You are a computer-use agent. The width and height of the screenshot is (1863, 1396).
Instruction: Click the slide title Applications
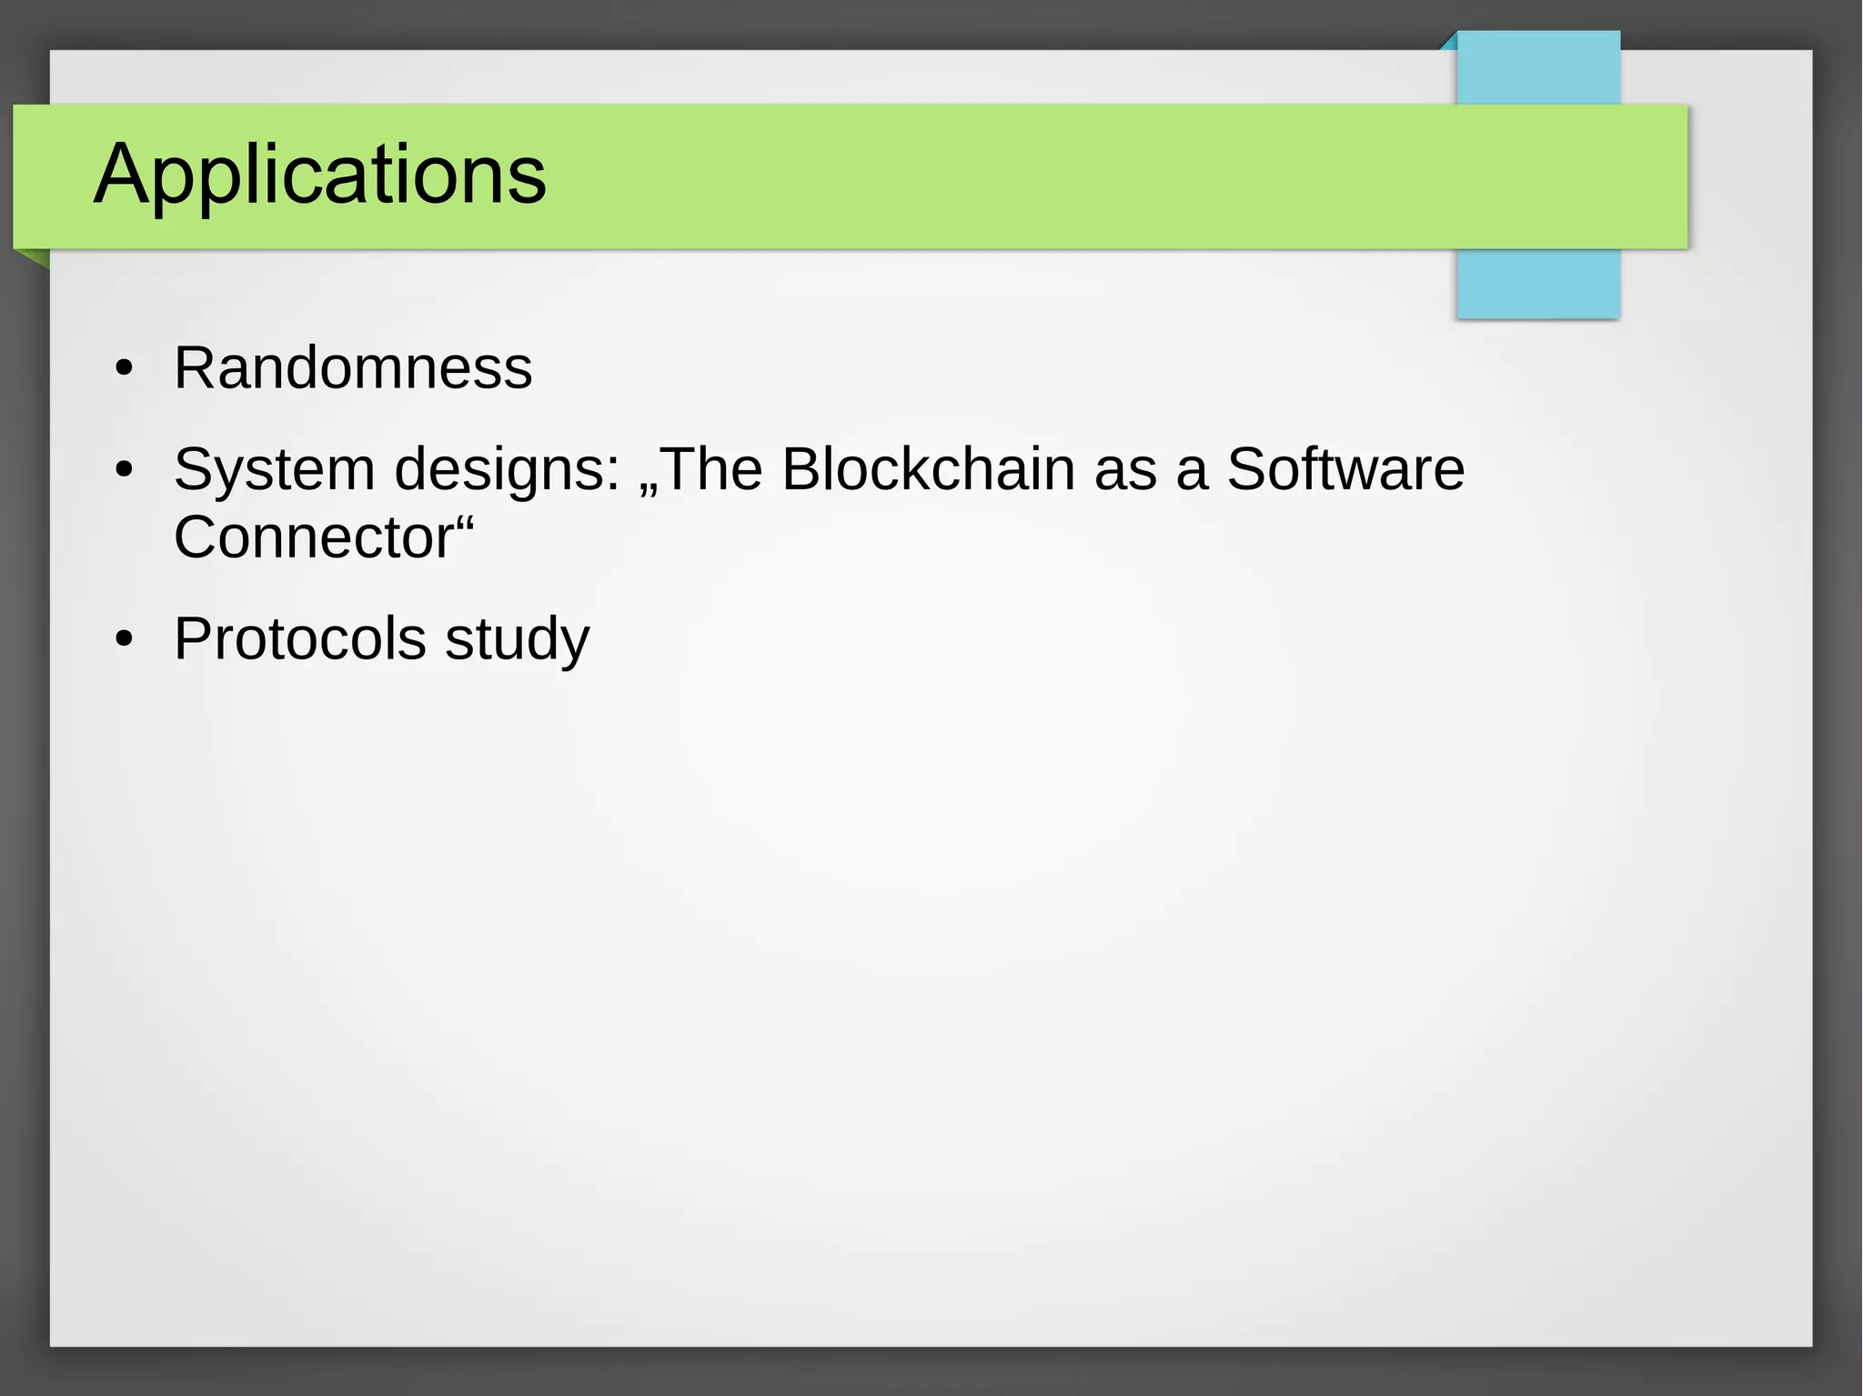(x=320, y=175)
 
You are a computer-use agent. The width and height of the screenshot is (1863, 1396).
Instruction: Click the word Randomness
(x=353, y=368)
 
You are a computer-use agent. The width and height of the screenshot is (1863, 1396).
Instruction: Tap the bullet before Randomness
(x=125, y=370)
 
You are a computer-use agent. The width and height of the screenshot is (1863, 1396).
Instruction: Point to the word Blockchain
(x=928, y=470)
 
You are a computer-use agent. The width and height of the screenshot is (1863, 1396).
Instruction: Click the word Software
(x=1345, y=470)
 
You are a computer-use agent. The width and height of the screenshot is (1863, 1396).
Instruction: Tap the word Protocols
(x=300, y=639)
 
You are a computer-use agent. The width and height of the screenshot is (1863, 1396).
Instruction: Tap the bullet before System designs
(x=125, y=471)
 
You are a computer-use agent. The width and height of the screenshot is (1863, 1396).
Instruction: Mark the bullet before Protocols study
(x=125, y=640)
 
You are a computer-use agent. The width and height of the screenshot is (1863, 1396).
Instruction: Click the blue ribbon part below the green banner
(x=1537, y=284)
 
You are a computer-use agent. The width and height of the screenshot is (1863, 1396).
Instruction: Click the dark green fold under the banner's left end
(x=35, y=257)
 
